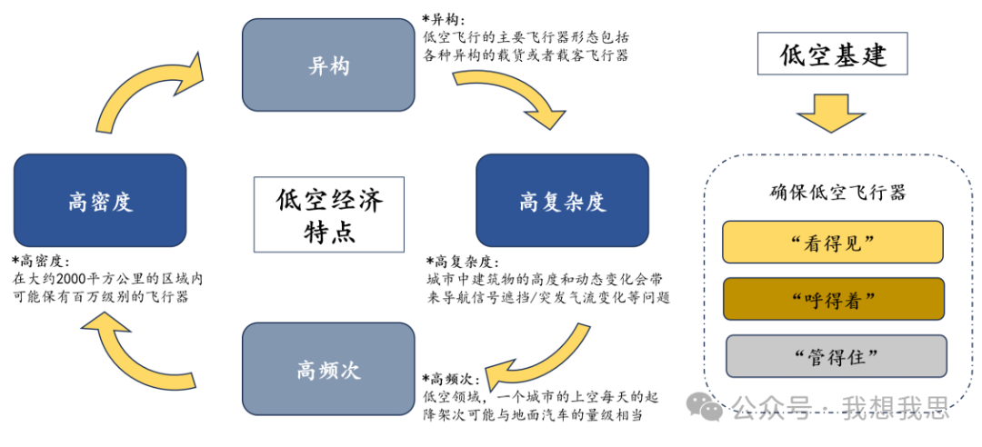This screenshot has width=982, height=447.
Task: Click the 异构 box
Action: pyautogui.click(x=327, y=65)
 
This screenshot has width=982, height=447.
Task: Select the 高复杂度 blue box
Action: pyautogui.click(x=562, y=201)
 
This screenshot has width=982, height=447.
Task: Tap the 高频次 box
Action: pyautogui.click(x=327, y=369)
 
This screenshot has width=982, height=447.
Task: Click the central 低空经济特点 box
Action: pyautogui.click(x=329, y=214)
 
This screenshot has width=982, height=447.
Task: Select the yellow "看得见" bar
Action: pyautogui.click(x=833, y=242)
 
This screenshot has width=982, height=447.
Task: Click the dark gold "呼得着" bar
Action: pyautogui.click(x=833, y=299)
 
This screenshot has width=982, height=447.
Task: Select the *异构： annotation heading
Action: pyautogui.click(x=445, y=19)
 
